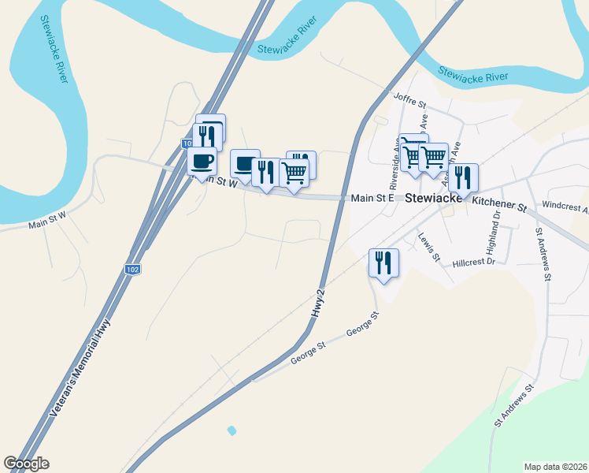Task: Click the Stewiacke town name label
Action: pyautogui.click(x=433, y=199)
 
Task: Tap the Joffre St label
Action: pyautogui.click(x=409, y=101)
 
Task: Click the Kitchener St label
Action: pyautogui.click(x=499, y=204)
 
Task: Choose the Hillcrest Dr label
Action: pyautogui.click(x=473, y=262)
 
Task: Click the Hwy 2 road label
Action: pyautogui.click(x=317, y=304)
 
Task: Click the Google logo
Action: pyautogui.click(x=26, y=464)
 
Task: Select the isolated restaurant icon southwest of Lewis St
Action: pyautogui.click(x=383, y=263)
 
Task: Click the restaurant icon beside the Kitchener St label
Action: pyautogui.click(x=462, y=177)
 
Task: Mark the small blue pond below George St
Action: pyautogui.click(x=232, y=430)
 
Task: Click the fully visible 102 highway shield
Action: pyautogui.click(x=133, y=270)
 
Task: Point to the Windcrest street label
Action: pyautogui.click(x=565, y=210)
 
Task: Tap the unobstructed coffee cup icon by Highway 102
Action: pyautogui.click(x=202, y=162)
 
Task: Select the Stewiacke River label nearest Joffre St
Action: pyautogui.click(x=472, y=76)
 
